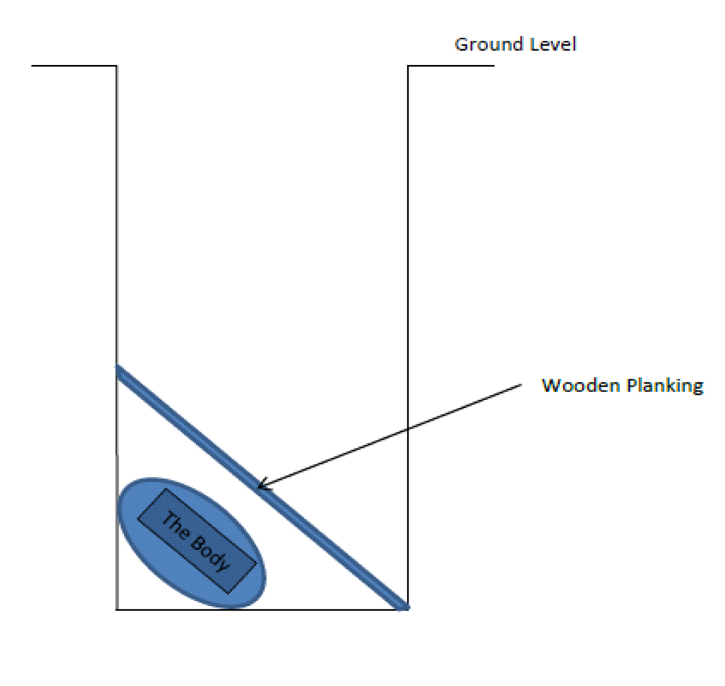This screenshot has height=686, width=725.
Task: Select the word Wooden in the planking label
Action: (580, 386)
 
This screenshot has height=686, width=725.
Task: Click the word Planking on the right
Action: (663, 387)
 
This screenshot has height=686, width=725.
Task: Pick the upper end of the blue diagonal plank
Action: (118, 370)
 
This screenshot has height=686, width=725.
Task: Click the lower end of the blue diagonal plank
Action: (404, 605)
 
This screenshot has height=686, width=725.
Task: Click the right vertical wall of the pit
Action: (408, 240)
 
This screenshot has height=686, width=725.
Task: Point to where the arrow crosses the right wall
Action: (408, 430)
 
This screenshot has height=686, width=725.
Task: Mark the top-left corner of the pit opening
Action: (116, 66)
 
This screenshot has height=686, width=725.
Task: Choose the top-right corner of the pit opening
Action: (408, 66)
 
